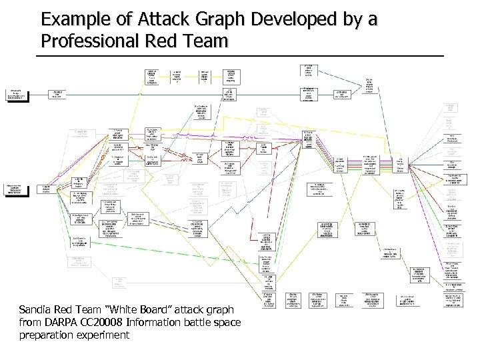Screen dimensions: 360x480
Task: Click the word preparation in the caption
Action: coord(66,335)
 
